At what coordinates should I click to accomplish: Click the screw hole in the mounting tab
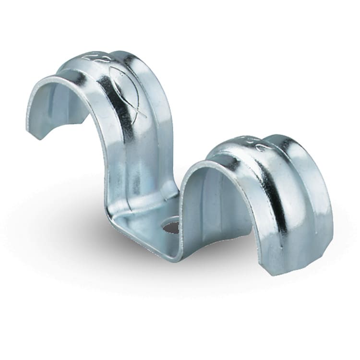point(171,226)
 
